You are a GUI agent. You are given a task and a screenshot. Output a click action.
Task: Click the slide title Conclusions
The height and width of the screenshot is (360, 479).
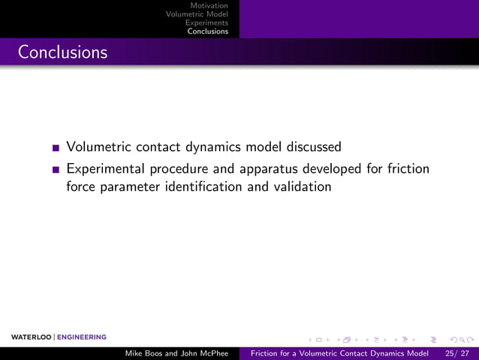tap(62, 53)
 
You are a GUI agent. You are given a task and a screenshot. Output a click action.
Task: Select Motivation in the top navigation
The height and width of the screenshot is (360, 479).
tap(209, 6)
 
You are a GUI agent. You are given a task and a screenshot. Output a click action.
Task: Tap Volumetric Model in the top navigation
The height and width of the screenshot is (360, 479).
tap(197, 14)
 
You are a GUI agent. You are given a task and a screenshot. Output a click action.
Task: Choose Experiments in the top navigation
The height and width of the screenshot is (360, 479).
tap(206, 23)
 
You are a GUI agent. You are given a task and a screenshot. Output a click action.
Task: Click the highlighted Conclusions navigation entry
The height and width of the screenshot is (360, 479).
tap(208, 32)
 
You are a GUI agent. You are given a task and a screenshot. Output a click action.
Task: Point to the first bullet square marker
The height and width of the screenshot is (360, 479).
tap(57, 148)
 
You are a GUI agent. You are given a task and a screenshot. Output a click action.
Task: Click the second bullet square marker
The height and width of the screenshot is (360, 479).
tap(57, 170)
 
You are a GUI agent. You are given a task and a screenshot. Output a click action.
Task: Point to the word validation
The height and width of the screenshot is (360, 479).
tap(302, 186)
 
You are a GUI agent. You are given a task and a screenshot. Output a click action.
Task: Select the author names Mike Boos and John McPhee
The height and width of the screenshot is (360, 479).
tap(176, 352)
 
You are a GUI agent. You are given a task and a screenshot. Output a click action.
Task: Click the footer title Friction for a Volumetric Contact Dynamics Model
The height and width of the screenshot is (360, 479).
tap(340, 352)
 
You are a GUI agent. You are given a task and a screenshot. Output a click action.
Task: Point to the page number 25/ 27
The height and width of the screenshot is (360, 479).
tap(457, 352)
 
